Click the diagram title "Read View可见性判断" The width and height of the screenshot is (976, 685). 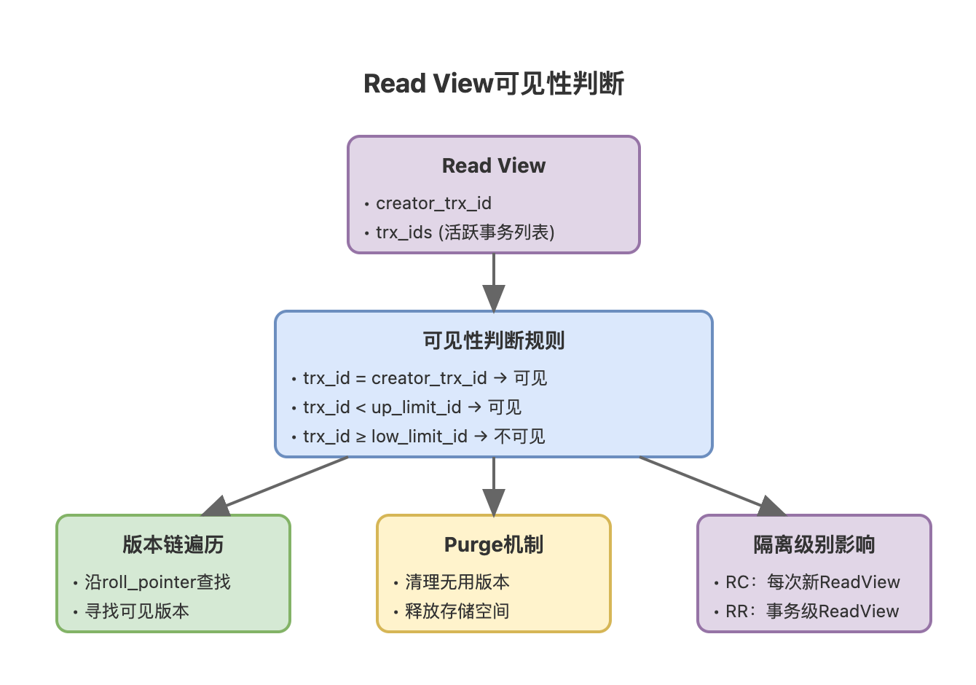coord(494,84)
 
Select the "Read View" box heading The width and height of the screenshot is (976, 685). coord(494,166)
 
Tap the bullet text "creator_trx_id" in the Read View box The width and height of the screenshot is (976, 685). coord(433,203)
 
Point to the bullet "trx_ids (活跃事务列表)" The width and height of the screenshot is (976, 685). coord(465,232)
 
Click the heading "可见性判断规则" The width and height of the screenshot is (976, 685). coord(494,340)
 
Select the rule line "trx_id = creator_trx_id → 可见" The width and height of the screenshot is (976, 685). coord(425,378)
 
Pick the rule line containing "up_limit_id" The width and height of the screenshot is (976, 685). coord(412,407)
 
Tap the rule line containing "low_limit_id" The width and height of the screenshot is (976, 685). coord(423,437)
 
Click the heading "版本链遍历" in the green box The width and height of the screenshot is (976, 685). coord(173,544)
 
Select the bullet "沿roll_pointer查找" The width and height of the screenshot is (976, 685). coord(157,582)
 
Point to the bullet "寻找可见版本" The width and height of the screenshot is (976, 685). coord(137,611)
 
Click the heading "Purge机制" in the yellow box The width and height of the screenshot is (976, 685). coord(494,544)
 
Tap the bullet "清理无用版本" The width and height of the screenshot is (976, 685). coord(457,582)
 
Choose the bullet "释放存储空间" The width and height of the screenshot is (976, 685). coord(457,611)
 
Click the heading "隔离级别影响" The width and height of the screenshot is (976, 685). coord(814,544)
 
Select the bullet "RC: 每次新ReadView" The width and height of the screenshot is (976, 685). coord(812,582)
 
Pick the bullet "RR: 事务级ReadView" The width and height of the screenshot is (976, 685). coord(812,611)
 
